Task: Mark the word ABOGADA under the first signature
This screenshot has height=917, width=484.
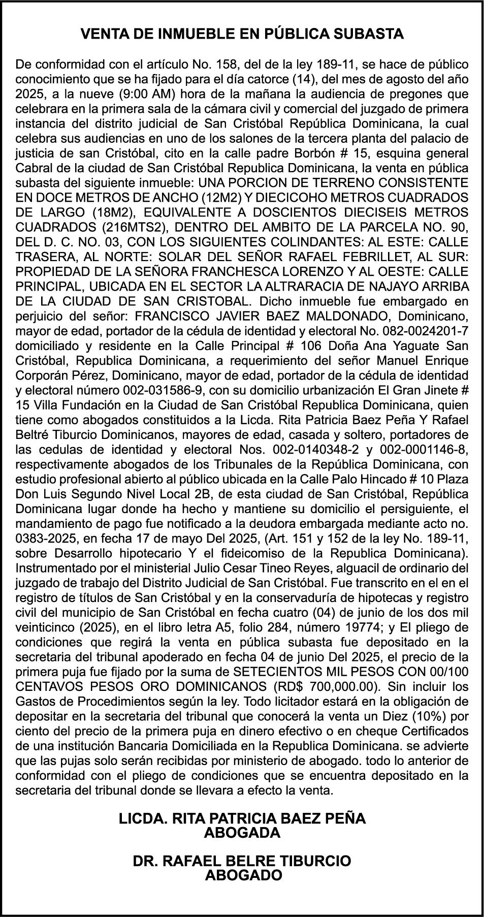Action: tap(242, 833)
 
